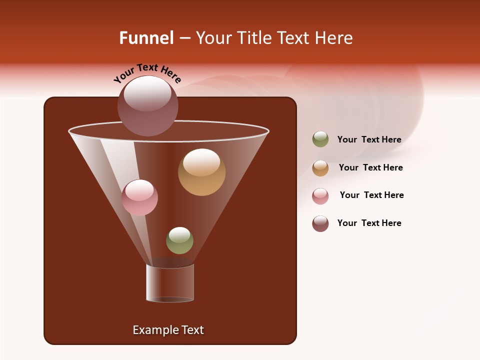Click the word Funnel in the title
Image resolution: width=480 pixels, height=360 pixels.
(x=146, y=38)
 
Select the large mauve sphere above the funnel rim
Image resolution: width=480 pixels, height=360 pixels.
(x=148, y=105)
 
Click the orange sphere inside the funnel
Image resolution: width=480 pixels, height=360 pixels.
(x=201, y=172)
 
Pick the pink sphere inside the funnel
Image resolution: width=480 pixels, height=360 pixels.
(x=139, y=197)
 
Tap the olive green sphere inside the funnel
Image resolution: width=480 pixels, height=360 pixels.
(x=179, y=240)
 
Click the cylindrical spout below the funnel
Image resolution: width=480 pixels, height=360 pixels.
(x=170, y=283)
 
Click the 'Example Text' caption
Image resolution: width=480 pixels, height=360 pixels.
(x=168, y=330)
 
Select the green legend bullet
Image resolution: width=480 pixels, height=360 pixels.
(x=320, y=139)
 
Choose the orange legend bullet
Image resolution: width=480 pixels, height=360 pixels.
(x=320, y=168)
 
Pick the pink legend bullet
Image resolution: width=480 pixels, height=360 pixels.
(x=320, y=196)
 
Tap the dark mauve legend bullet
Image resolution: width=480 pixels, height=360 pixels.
(x=320, y=223)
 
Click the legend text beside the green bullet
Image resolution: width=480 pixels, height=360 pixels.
(x=369, y=140)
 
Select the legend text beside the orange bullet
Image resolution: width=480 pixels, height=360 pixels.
(x=370, y=168)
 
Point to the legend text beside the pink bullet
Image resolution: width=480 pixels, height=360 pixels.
(x=371, y=195)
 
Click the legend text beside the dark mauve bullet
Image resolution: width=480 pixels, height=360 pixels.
(x=369, y=223)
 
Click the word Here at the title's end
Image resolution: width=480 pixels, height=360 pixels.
(x=334, y=38)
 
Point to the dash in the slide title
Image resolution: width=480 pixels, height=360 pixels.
(x=184, y=38)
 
